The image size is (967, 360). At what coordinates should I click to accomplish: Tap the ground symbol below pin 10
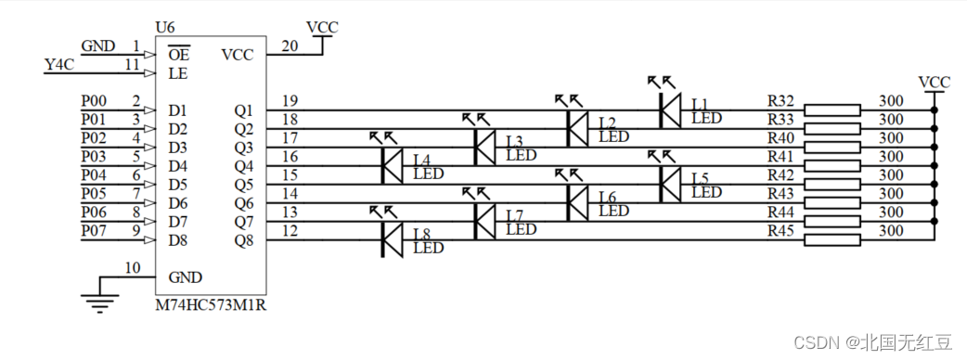tap(100, 298)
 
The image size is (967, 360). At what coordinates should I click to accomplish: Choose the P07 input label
tap(94, 231)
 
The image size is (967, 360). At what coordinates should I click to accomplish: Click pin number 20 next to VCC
tap(289, 45)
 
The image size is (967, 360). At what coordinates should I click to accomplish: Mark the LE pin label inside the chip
tap(178, 72)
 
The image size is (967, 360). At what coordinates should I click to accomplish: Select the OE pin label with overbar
tap(179, 54)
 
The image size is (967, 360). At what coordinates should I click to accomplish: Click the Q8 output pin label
tap(243, 240)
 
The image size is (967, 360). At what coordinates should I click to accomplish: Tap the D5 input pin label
tap(178, 185)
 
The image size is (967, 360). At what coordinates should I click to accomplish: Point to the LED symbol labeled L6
tap(577, 203)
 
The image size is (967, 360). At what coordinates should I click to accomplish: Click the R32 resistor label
tap(780, 100)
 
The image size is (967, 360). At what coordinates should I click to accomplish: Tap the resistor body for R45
tap(831, 240)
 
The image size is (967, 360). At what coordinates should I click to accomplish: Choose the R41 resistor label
tap(780, 156)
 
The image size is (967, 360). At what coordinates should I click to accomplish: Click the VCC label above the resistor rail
tap(933, 82)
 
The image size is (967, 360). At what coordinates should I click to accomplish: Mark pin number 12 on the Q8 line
tap(290, 231)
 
